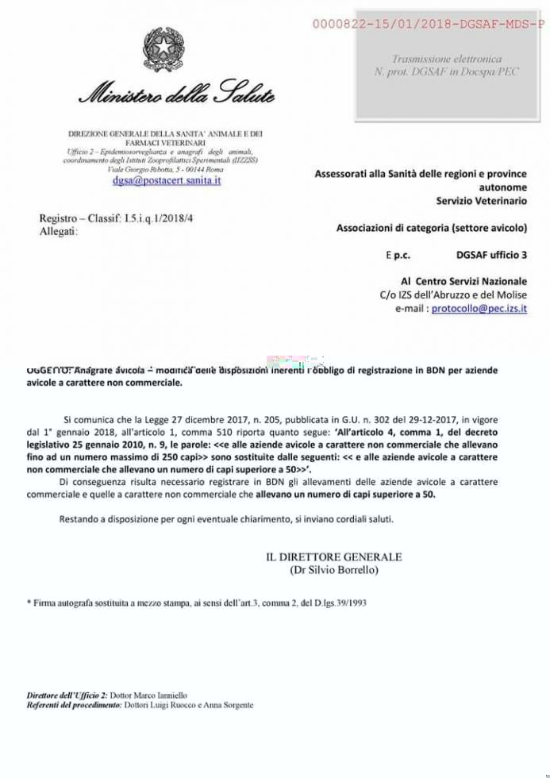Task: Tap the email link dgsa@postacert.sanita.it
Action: click(x=167, y=181)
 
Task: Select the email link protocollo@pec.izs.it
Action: click(x=479, y=308)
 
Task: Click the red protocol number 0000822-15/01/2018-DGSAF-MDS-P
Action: click(x=428, y=25)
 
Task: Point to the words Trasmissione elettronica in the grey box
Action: click(x=446, y=60)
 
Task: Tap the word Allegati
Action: click(x=59, y=231)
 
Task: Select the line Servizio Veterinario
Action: click(x=481, y=202)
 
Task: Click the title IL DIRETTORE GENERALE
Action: click(x=334, y=557)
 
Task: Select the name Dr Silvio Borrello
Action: click(x=334, y=570)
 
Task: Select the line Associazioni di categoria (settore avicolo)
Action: click(x=431, y=229)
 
